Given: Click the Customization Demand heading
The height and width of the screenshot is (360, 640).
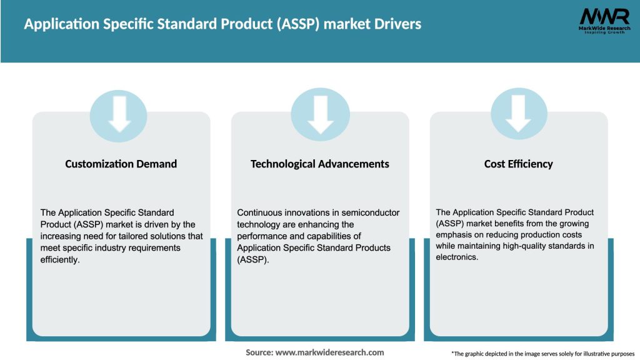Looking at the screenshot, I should [x=121, y=164].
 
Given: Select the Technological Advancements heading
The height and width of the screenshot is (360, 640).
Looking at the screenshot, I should [x=319, y=164].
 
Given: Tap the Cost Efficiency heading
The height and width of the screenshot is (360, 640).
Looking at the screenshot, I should [x=518, y=164].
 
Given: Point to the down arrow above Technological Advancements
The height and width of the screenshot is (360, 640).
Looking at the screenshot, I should [x=320, y=114].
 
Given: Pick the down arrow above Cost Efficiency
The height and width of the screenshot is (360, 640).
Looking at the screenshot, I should [x=519, y=114].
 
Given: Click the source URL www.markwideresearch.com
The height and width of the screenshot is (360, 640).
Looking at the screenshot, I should [x=329, y=352].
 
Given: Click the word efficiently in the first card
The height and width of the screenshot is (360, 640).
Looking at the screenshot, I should [x=60, y=260].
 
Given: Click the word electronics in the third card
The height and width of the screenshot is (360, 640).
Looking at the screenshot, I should [x=457, y=257].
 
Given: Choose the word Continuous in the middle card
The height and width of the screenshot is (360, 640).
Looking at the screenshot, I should [x=261, y=213].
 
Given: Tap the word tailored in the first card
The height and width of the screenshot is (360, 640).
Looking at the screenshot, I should [x=132, y=236].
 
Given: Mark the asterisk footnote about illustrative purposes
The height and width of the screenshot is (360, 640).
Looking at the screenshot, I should [x=542, y=354].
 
